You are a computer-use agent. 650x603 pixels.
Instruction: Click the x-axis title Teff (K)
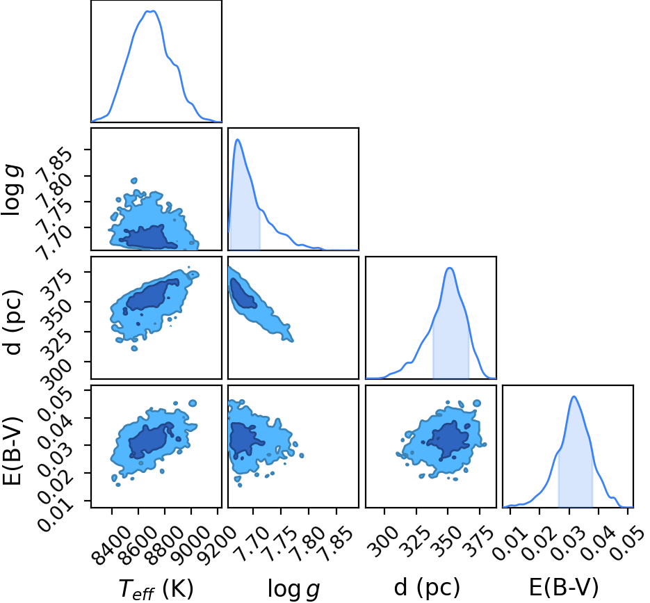tap(156, 588)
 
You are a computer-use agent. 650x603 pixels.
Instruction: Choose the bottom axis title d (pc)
tap(427, 587)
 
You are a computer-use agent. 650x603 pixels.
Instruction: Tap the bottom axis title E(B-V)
tap(564, 587)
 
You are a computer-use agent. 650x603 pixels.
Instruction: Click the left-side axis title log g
tap(12, 190)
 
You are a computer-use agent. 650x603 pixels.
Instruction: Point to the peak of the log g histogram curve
tap(238, 139)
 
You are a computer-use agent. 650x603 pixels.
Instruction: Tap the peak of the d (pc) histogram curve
tap(450, 268)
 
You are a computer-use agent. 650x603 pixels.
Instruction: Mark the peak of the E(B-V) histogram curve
tap(574, 396)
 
